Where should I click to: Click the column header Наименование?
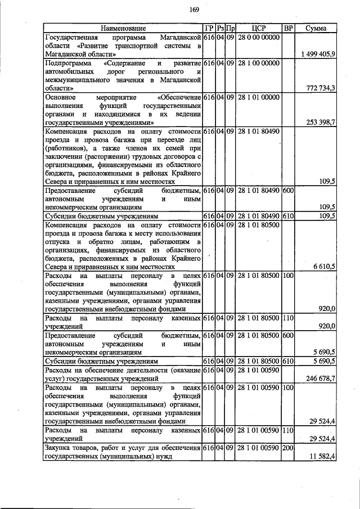pyautogui.click(x=123, y=28)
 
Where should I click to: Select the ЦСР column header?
pyautogui.click(x=258, y=28)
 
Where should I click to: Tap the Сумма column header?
pyautogui.click(x=316, y=28)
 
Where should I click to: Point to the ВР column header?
pyautogui.click(x=288, y=28)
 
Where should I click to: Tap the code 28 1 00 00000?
pyautogui.click(x=258, y=62)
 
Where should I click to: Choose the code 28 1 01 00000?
pyautogui.click(x=258, y=97)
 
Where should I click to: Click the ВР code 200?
pyautogui.click(x=288, y=448)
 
